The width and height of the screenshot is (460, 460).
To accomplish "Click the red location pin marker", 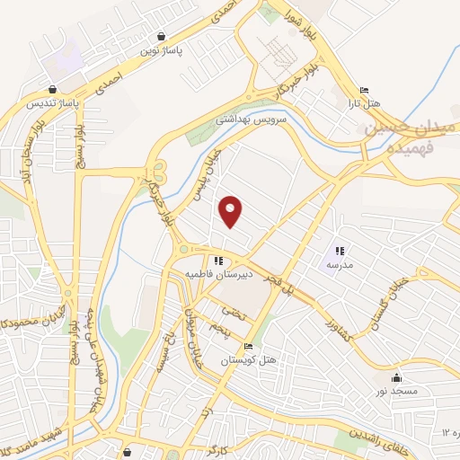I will (x=232, y=210).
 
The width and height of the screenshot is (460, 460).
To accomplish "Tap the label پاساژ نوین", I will (x=160, y=51).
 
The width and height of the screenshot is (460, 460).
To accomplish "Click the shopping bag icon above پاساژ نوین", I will (x=160, y=36).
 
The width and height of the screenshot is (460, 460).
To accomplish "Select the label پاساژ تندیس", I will (x=52, y=104).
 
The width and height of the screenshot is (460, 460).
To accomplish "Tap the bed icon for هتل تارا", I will (x=363, y=91).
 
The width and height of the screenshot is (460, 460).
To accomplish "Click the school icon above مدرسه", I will (x=340, y=251).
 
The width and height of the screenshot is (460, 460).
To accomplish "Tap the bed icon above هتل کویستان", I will (x=249, y=347).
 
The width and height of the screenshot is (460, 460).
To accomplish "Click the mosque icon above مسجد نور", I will (x=397, y=378).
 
